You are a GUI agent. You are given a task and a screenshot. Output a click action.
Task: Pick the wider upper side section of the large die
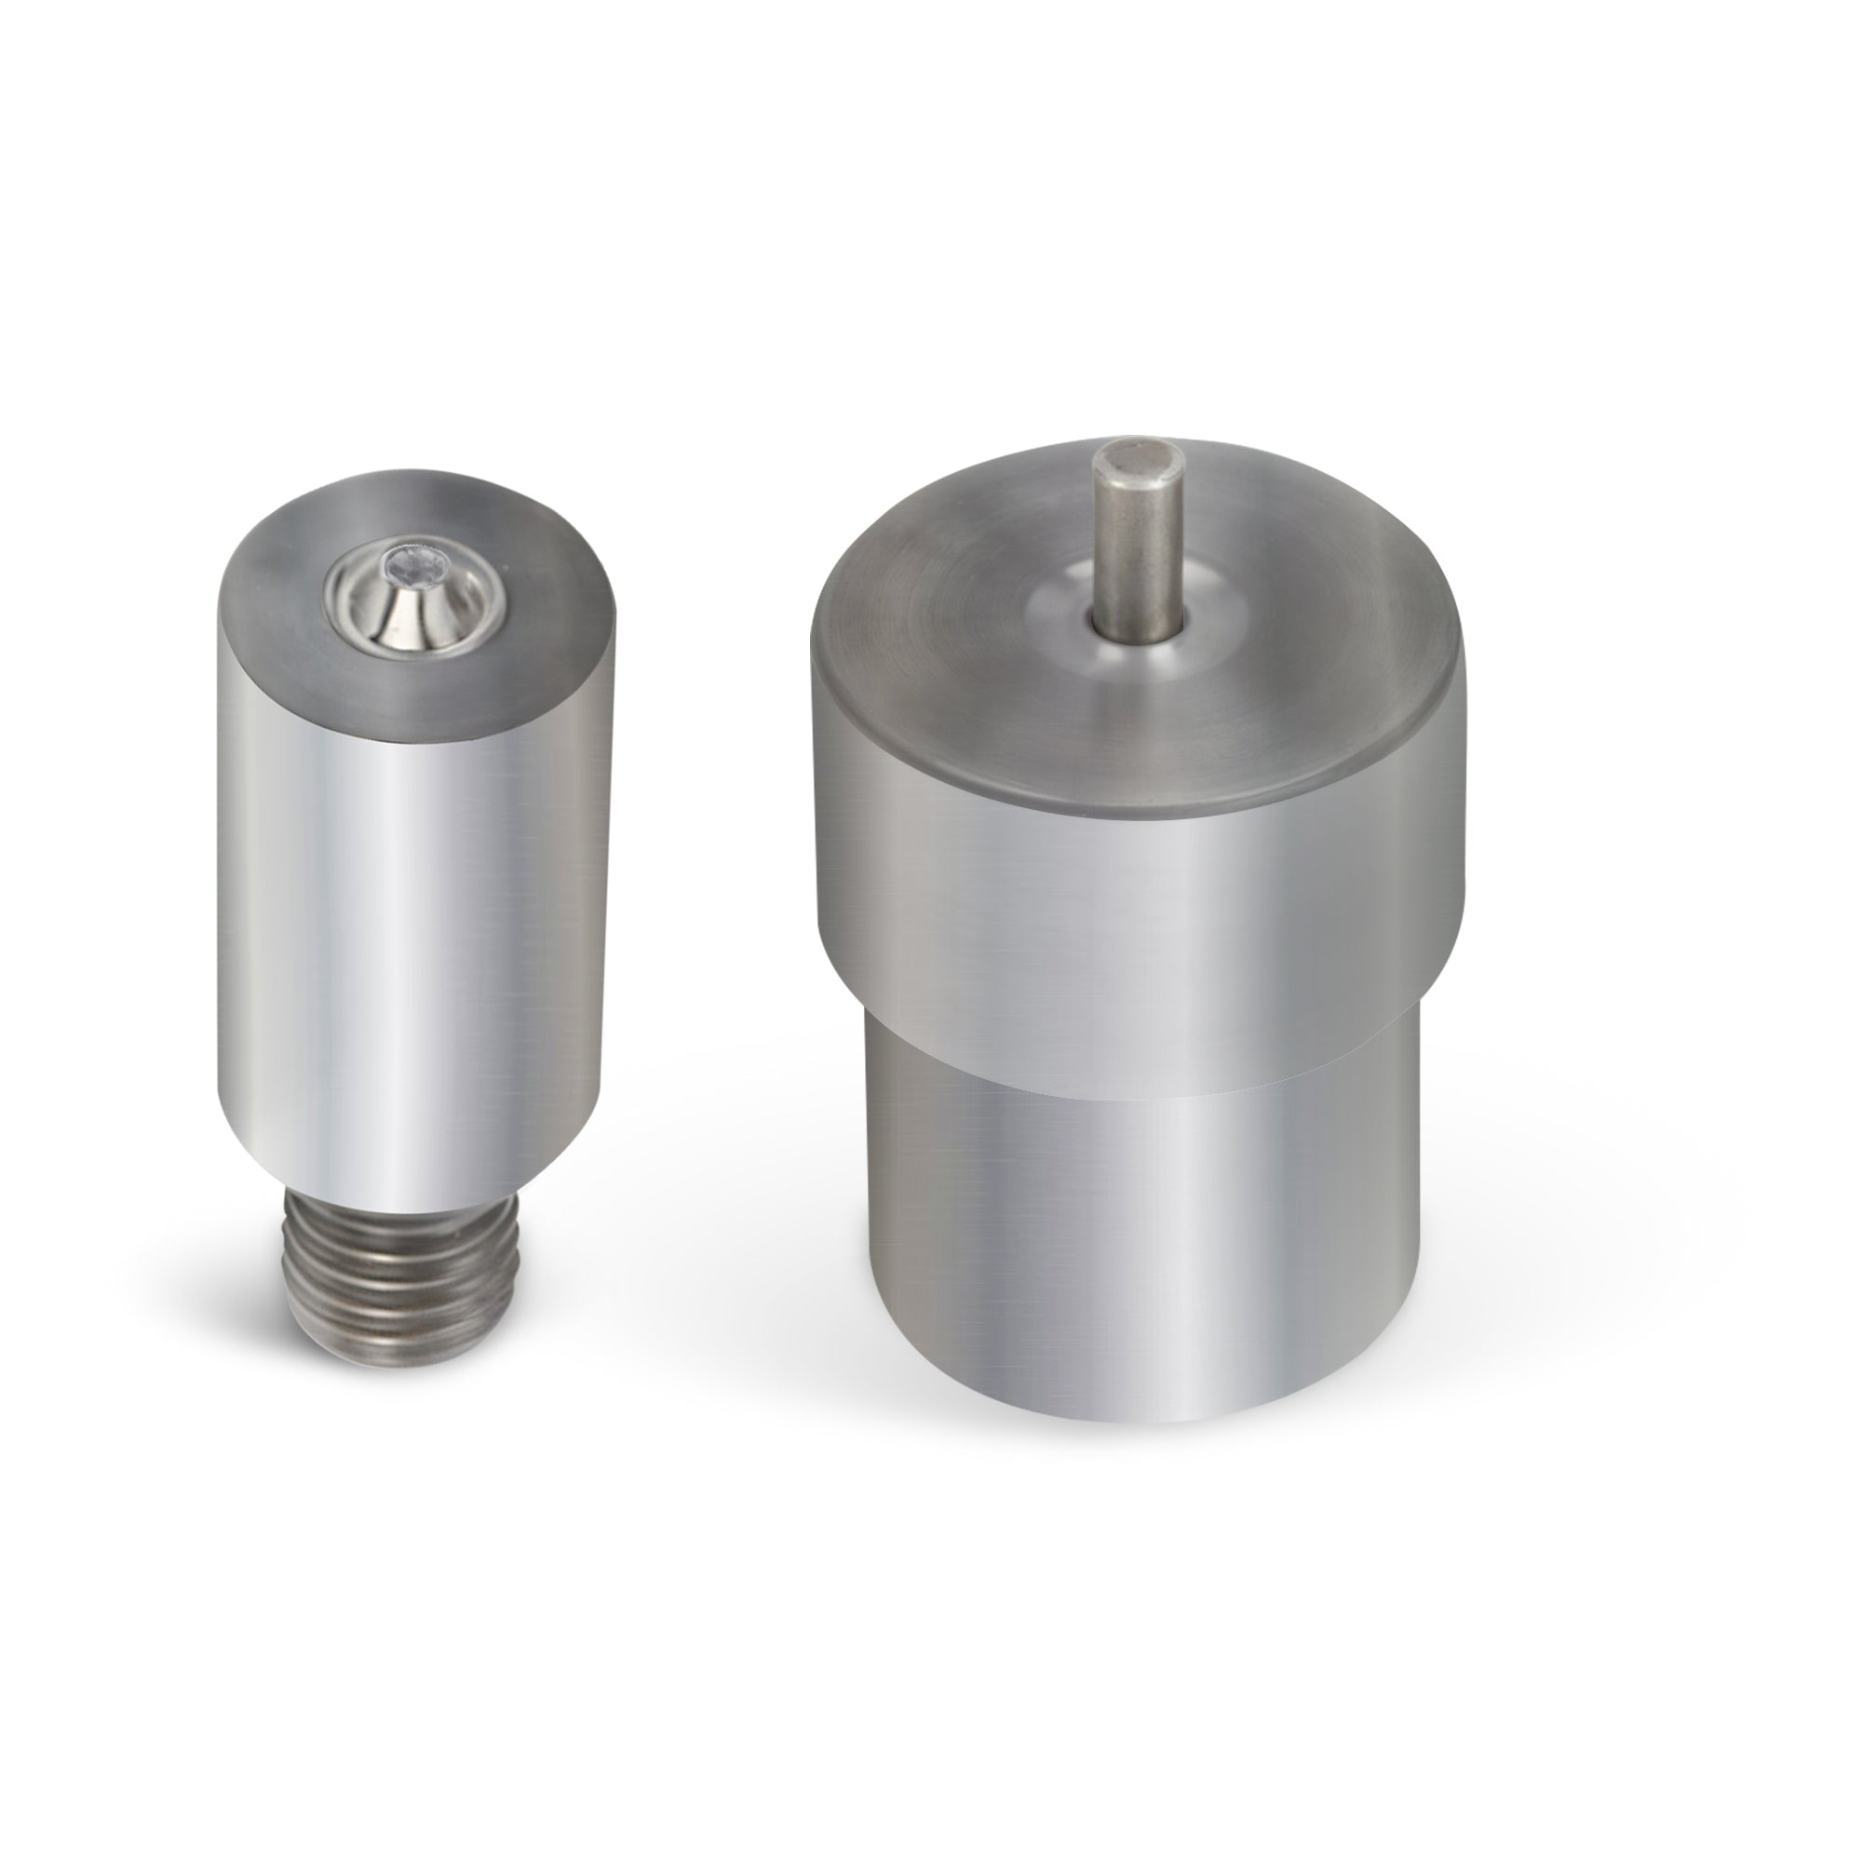1138,925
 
